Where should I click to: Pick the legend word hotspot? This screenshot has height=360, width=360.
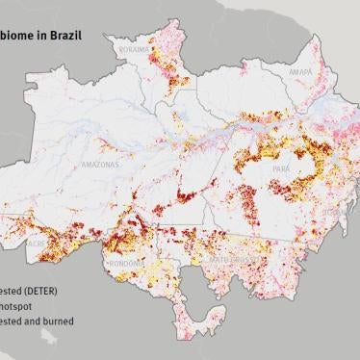coord(18,305)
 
